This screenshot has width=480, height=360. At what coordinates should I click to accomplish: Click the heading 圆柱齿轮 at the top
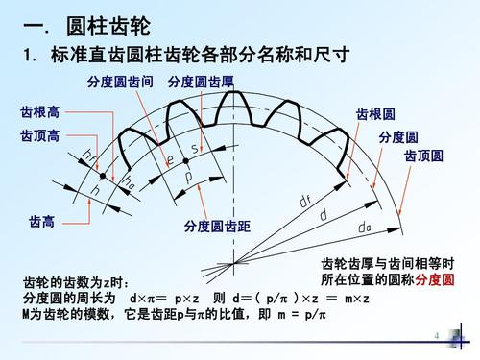click(x=102, y=24)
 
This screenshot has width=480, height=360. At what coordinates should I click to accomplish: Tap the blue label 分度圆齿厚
click(x=201, y=83)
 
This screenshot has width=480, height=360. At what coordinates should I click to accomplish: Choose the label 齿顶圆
click(x=423, y=156)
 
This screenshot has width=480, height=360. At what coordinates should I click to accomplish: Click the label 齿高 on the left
click(x=41, y=222)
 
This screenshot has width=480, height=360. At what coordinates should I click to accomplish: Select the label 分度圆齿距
click(x=217, y=227)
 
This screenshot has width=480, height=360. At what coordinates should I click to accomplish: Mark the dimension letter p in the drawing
click(x=189, y=178)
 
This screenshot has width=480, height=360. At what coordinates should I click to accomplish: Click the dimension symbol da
click(x=364, y=228)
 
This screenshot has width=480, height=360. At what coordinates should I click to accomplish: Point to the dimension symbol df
click(x=305, y=200)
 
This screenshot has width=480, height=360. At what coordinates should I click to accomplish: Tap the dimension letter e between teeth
click(x=170, y=159)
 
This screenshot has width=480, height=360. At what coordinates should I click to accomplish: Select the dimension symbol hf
click(x=90, y=156)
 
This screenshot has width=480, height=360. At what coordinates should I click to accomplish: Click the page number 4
click(x=436, y=337)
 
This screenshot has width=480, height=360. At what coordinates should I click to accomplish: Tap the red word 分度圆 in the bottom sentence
click(x=435, y=280)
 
